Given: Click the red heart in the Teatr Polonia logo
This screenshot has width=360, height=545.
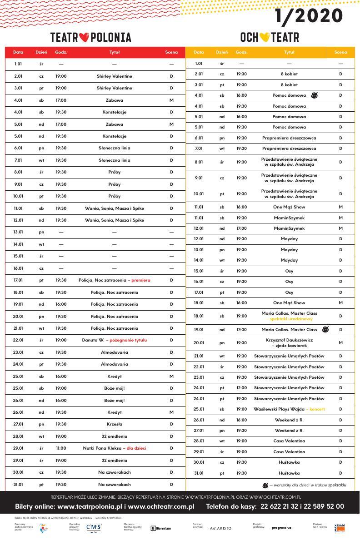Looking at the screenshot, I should click(x=84, y=37).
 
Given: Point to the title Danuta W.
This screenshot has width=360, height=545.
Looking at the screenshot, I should click(x=93, y=340).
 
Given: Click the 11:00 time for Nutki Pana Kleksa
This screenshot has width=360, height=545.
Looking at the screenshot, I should click(x=61, y=448).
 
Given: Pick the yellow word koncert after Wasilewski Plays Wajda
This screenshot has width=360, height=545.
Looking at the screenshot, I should click(x=316, y=409).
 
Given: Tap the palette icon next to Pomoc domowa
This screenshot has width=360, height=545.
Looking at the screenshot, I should click(x=314, y=95).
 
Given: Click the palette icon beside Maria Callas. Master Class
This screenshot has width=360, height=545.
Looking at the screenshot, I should click(x=325, y=329).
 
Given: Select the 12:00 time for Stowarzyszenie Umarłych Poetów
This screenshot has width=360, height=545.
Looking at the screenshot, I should click(x=241, y=388).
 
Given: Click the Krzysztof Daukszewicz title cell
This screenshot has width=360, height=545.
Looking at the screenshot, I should click(x=289, y=342).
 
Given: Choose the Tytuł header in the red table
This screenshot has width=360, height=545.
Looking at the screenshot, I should click(x=114, y=52).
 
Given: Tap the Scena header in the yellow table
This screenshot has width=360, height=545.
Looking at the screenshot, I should click(x=340, y=52).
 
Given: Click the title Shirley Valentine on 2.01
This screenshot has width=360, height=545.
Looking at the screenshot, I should click(x=114, y=76).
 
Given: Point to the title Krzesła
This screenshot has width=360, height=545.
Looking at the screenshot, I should click(x=114, y=424).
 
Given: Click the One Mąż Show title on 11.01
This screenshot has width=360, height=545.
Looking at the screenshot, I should click(x=289, y=207).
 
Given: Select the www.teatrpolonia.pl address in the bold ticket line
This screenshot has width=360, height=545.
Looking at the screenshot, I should click(x=87, y=506).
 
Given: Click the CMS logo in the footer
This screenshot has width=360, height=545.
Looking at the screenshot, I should click(x=94, y=527).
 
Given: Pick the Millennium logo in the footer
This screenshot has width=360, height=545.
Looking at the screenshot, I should click(x=161, y=528).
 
